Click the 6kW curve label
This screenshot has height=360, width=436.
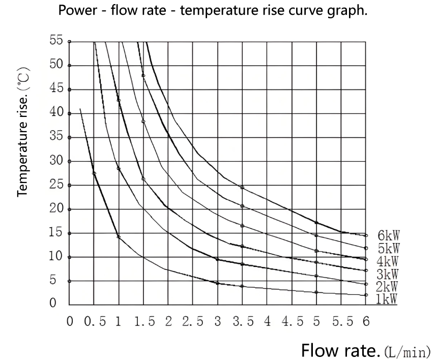tap(388, 235)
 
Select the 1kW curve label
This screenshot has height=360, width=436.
tap(386, 298)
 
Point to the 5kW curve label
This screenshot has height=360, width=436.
tap(388, 248)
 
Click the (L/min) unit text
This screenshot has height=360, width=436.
tap(407, 351)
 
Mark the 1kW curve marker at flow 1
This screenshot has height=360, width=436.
tap(119, 236)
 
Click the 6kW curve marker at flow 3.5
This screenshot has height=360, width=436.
tap(242, 188)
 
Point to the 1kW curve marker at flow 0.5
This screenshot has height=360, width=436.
tap(94, 173)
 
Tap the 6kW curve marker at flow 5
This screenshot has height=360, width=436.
tap(316, 223)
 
